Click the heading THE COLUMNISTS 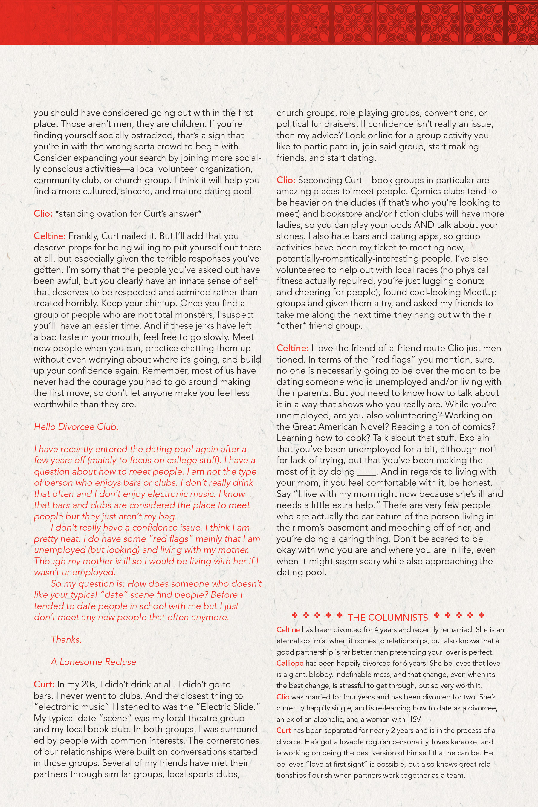[x=387, y=617]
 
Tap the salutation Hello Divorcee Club [x=76, y=427]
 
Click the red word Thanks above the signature [x=66, y=640]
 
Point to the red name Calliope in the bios [x=290, y=663]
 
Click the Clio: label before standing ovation [x=43, y=214]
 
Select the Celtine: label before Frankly [x=49, y=236]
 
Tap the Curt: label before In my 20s [x=44, y=684]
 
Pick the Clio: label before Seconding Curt [x=286, y=180]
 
